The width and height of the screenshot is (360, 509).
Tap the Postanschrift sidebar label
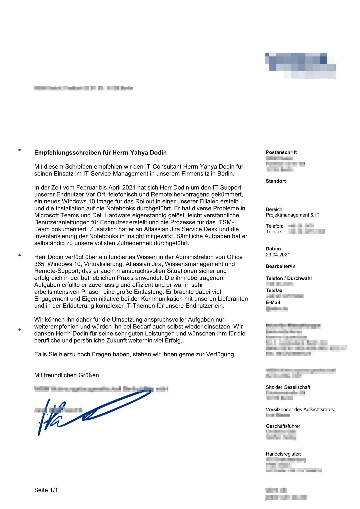(x=281, y=152)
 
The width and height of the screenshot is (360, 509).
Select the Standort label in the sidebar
(x=276, y=181)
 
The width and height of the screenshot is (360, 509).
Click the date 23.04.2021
(x=278, y=255)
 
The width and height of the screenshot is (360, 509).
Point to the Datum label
(x=273, y=249)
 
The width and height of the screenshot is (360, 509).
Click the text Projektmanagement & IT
(x=292, y=215)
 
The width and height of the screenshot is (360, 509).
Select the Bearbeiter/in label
(x=280, y=266)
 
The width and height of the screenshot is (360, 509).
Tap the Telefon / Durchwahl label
(x=289, y=278)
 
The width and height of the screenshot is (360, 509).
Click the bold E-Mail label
(x=273, y=302)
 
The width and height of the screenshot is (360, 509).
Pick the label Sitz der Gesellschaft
(x=288, y=387)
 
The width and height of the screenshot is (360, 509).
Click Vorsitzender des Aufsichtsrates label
(x=300, y=409)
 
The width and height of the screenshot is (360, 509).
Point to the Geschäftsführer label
(x=283, y=426)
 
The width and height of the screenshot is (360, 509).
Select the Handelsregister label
(x=283, y=454)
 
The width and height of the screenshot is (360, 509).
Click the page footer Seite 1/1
(x=46, y=490)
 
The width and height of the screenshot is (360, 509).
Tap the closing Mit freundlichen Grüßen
(x=67, y=375)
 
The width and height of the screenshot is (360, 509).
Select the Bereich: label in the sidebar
(x=275, y=209)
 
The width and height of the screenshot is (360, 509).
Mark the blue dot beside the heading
(x=20, y=150)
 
